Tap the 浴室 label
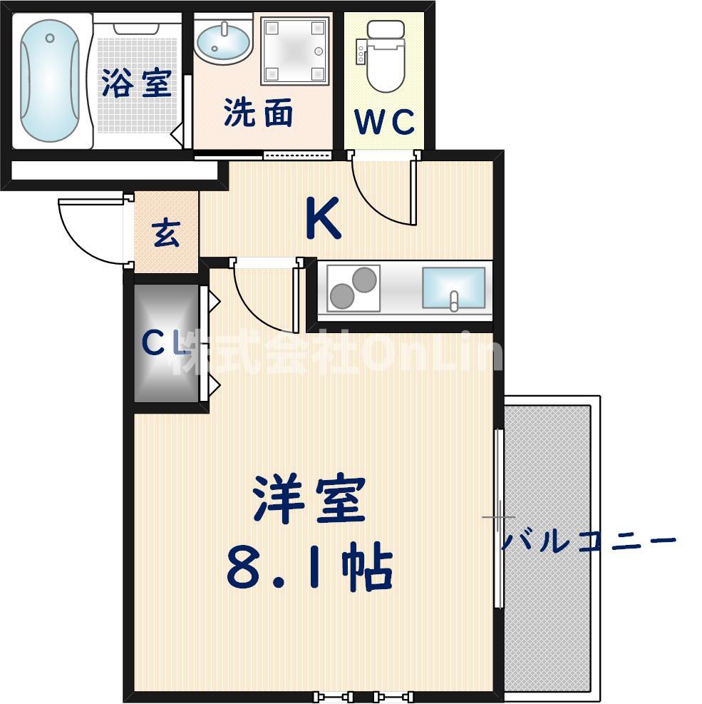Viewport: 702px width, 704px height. [x=136, y=83]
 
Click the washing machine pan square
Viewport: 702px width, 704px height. [x=295, y=51]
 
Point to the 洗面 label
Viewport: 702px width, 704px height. [x=258, y=113]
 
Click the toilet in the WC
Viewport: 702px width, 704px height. [x=384, y=56]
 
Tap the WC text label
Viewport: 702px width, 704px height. [x=385, y=123]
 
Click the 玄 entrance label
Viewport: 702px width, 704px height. [x=166, y=234]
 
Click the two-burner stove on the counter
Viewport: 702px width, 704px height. [x=353, y=287]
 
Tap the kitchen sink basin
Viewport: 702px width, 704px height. [x=453, y=288]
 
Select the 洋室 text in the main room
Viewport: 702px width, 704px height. [x=309, y=499]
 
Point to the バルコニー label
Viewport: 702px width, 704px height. [x=588, y=541]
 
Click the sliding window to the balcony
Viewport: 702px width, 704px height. [x=499, y=517]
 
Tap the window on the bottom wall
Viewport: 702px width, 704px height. [x=364, y=695]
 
